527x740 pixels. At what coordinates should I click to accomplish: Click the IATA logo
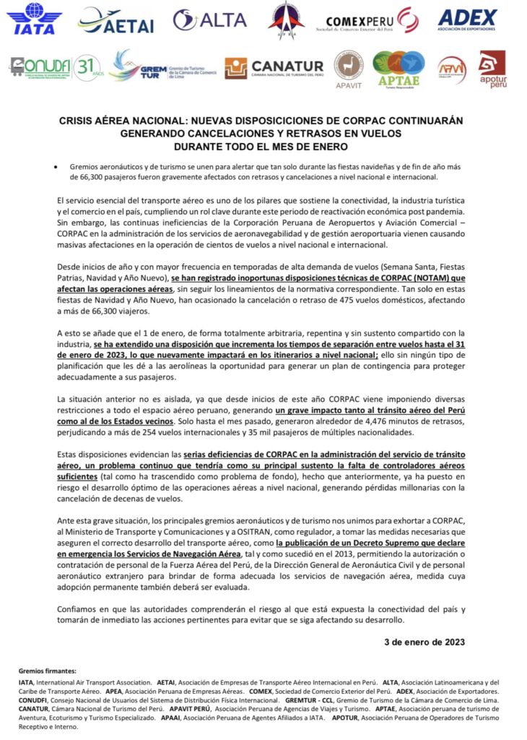click(x=35, y=20)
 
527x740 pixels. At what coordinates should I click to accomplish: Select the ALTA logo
click(x=209, y=20)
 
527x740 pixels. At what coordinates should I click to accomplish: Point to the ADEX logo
click(x=468, y=19)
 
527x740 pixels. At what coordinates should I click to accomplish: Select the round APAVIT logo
click(x=348, y=67)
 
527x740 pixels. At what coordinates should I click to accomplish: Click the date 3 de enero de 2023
click(x=424, y=641)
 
